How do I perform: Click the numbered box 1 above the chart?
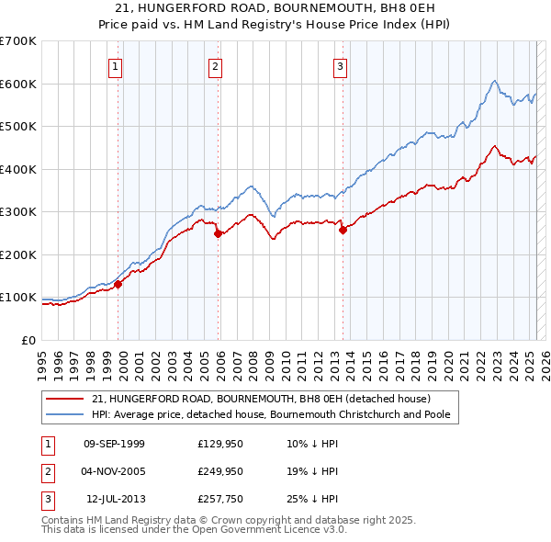(116, 66)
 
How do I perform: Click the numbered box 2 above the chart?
(215, 66)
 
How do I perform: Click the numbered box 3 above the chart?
(340, 66)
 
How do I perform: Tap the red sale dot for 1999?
(118, 285)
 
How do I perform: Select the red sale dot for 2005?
(218, 233)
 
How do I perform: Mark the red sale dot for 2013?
(343, 231)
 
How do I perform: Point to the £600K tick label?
(17, 84)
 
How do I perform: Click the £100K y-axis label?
(17, 298)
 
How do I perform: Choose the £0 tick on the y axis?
(28, 340)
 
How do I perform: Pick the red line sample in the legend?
(67, 399)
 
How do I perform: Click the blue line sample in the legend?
(67, 414)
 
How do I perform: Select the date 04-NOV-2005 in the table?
(114, 471)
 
